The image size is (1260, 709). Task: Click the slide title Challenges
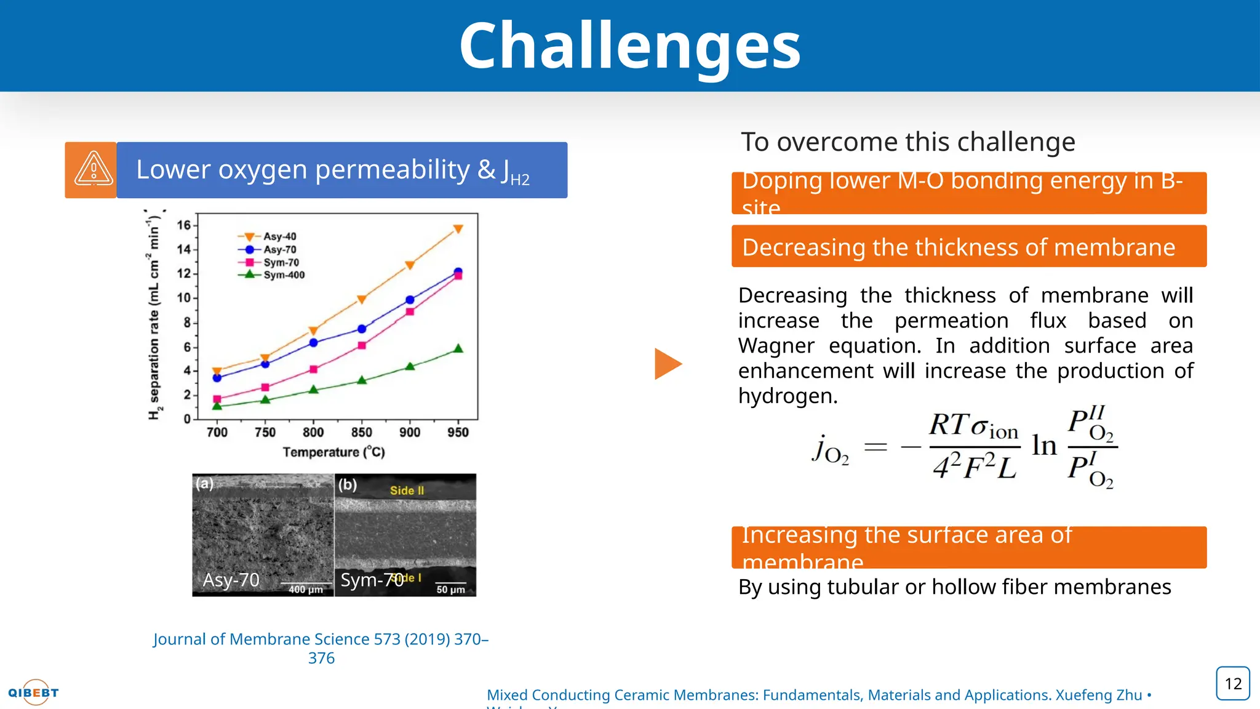click(629, 46)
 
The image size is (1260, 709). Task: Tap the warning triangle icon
click(93, 169)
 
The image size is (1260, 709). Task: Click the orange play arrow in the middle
click(668, 364)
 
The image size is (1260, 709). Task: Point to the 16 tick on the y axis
click(183, 225)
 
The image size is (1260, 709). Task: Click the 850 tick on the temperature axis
click(361, 432)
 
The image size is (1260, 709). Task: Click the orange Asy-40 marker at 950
click(458, 229)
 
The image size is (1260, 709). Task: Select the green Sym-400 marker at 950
click(458, 349)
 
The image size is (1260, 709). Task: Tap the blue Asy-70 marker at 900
click(410, 300)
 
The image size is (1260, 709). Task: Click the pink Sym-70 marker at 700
click(217, 399)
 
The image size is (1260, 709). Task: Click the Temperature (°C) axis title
click(333, 452)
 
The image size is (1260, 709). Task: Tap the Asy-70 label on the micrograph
click(231, 580)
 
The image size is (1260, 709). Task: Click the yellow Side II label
click(407, 491)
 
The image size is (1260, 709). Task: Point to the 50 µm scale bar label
click(450, 590)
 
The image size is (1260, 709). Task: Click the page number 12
click(1233, 683)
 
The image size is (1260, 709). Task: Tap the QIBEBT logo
click(34, 692)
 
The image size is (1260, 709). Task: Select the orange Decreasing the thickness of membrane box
click(968, 247)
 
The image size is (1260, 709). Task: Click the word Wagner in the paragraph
click(776, 346)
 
